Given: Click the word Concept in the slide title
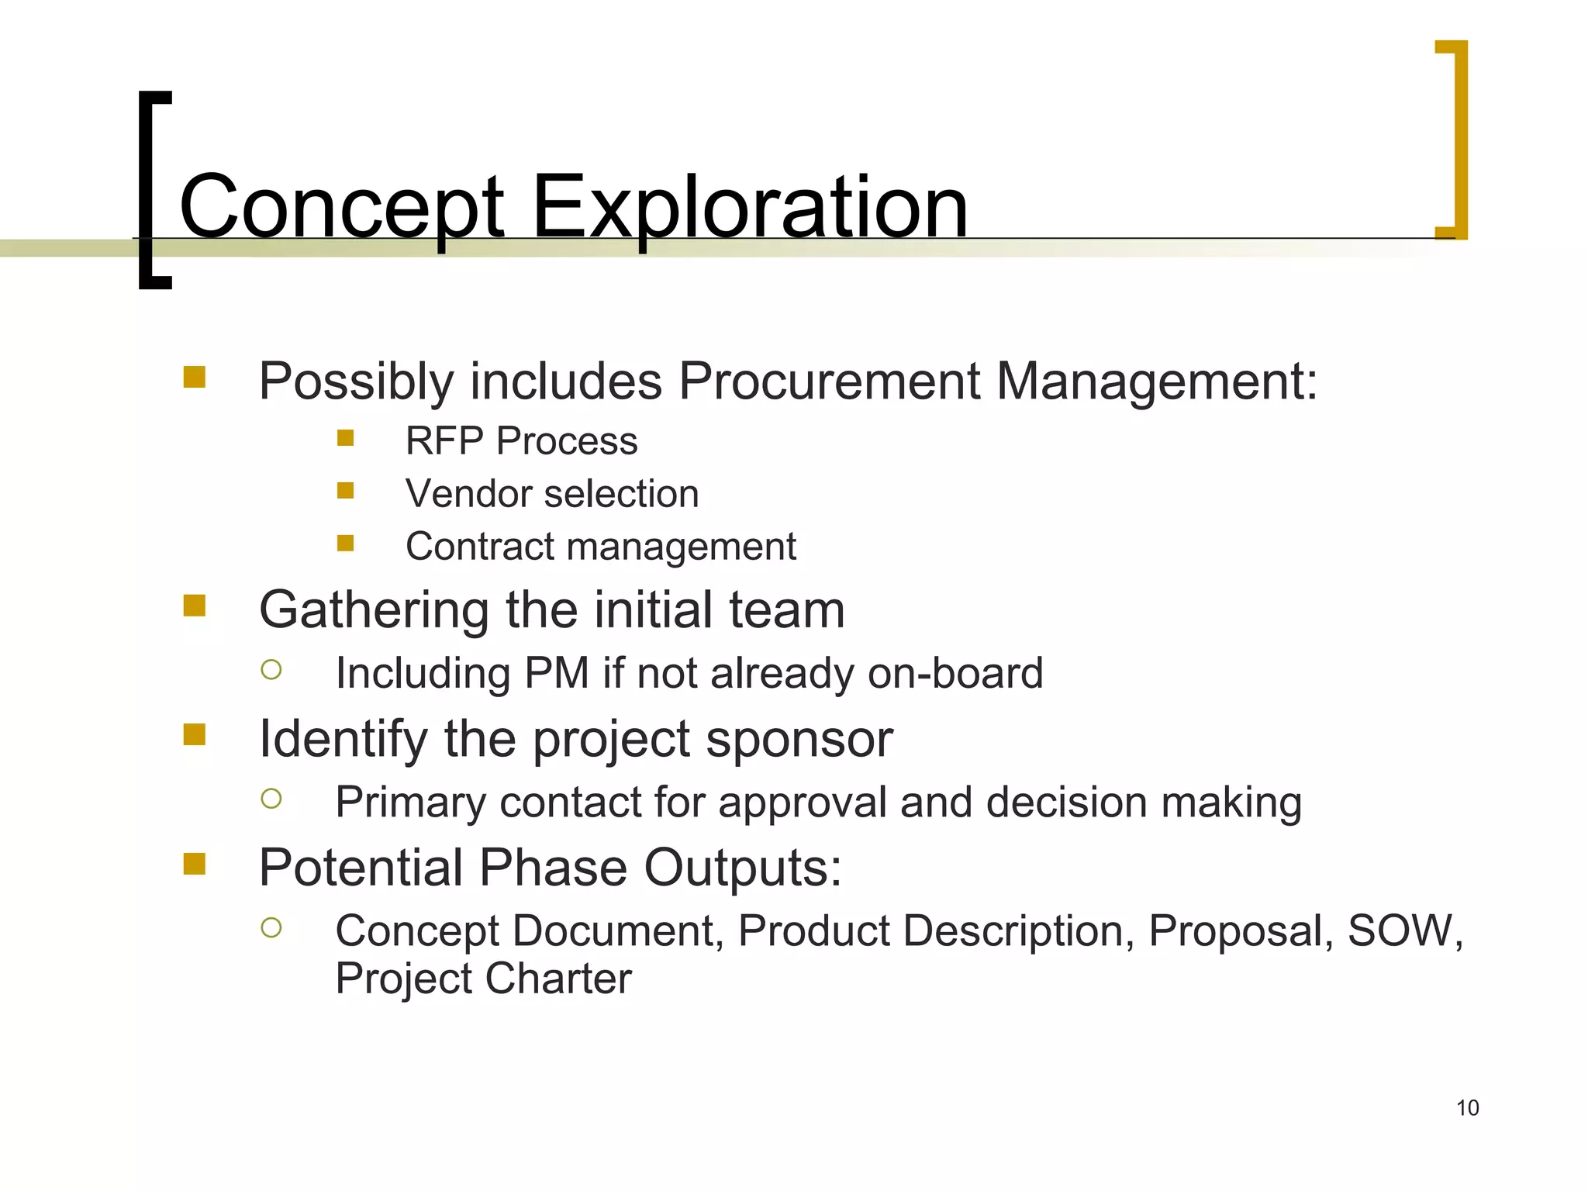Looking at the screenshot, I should coord(341,208).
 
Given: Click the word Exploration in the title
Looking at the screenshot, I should coord(750,208).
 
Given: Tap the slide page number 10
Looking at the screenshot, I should coord(1467,1108).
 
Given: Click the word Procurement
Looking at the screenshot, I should coord(829,381).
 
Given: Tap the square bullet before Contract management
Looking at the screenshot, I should coord(346,544).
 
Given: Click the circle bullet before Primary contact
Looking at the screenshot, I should coord(271,799).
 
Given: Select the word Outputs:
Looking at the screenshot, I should coord(742,868).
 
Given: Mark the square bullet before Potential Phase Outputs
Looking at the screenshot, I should coord(195,864).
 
